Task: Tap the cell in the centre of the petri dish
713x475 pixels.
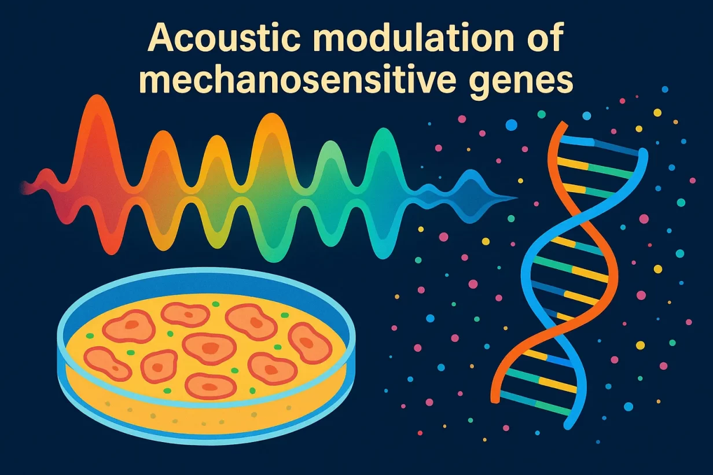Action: pyautogui.click(x=209, y=348)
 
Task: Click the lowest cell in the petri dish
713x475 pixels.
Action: pyautogui.click(x=211, y=386)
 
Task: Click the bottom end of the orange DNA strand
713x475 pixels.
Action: pyautogui.click(x=495, y=399)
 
